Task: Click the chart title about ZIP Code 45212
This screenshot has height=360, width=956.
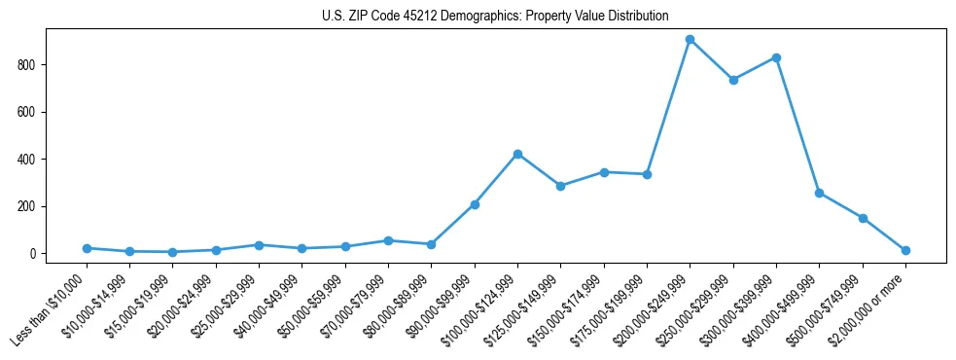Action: [x=495, y=17]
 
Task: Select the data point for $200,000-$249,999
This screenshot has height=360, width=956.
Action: [x=690, y=40]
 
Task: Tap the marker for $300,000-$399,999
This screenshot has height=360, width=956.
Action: [x=776, y=57]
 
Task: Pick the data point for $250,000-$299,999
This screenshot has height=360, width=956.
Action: [x=733, y=80]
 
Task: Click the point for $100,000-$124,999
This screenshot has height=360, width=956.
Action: [x=517, y=154]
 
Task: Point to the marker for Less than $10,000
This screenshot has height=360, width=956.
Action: [x=87, y=248]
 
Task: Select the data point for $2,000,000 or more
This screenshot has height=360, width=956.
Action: [x=905, y=250]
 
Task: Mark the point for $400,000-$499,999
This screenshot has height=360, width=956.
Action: [x=819, y=193]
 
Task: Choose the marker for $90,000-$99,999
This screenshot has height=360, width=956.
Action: [x=475, y=204]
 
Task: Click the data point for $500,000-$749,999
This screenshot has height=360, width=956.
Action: [x=863, y=218]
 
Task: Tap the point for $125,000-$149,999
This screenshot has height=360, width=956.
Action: [x=560, y=186]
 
